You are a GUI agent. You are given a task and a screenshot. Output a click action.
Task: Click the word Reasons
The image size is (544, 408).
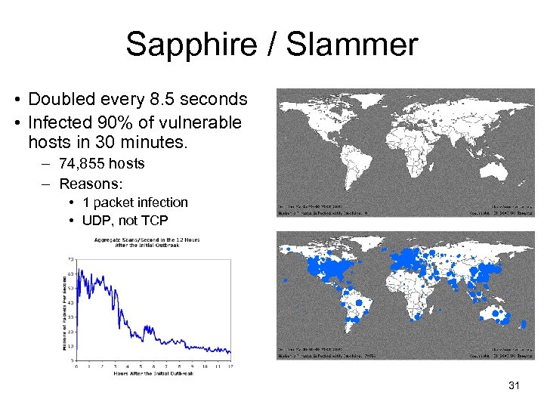tap(90, 184)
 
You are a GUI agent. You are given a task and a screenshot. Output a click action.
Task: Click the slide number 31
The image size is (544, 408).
tap(515, 386)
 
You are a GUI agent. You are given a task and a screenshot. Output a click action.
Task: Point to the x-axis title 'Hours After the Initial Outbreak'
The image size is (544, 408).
tap(151, 373)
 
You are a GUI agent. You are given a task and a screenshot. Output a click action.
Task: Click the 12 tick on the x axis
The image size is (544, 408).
tap(230, 366)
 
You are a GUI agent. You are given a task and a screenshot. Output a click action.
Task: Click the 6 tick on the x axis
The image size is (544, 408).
tap(153, 366)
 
